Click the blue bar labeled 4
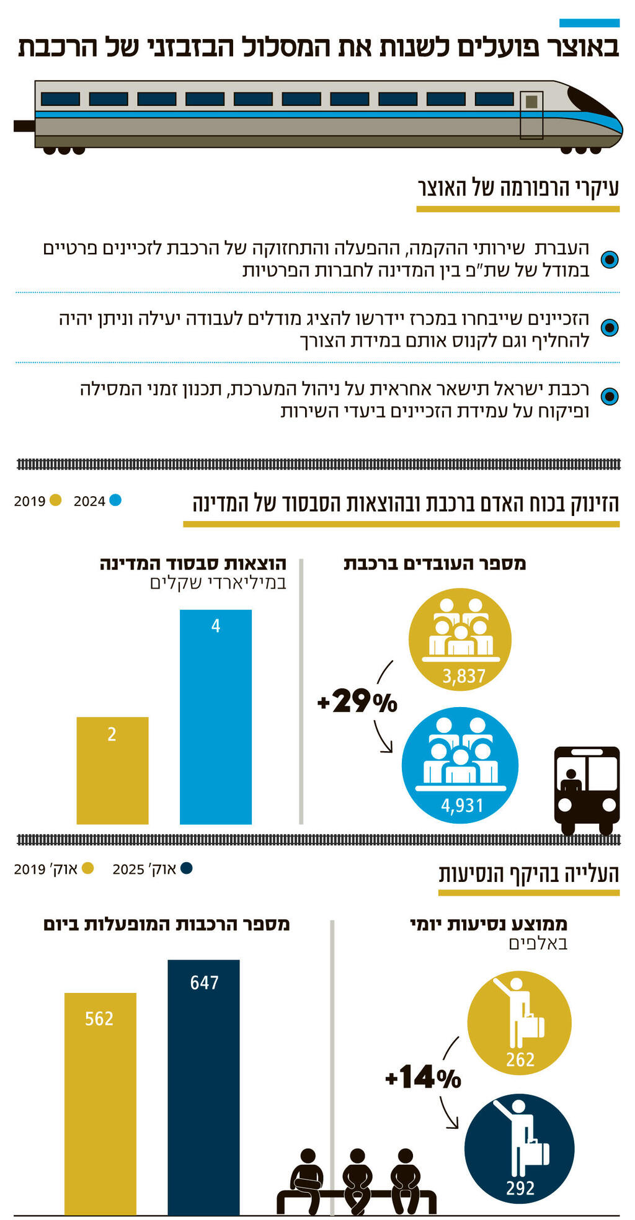215,716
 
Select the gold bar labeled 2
112,770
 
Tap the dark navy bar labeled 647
203,1087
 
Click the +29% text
357,701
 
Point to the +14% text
424,1077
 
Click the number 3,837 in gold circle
463,676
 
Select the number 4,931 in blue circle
461,805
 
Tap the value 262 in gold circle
520,1059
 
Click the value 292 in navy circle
520,1188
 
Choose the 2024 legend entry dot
115,500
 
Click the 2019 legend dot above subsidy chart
55,500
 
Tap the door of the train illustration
531,115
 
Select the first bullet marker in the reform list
610,259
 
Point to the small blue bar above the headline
589,23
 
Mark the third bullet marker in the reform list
610,396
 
